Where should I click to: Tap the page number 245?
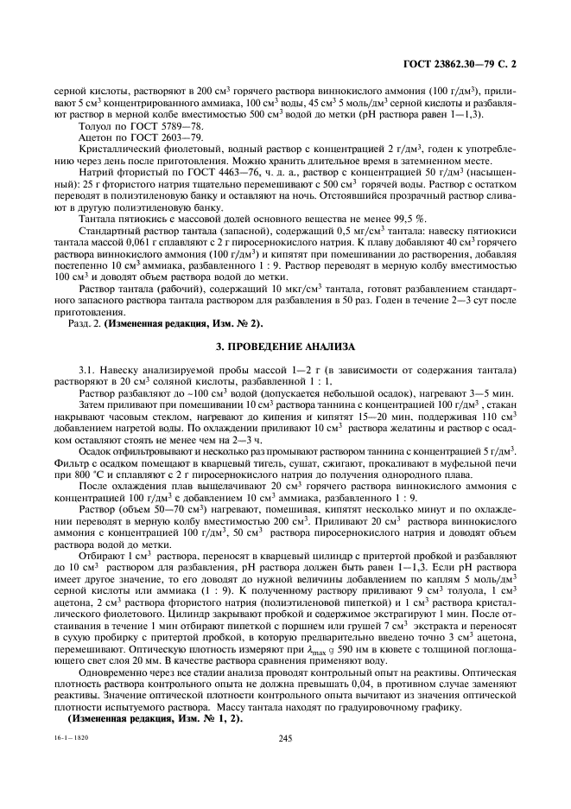pyautogui.click(x=286, y=737)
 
